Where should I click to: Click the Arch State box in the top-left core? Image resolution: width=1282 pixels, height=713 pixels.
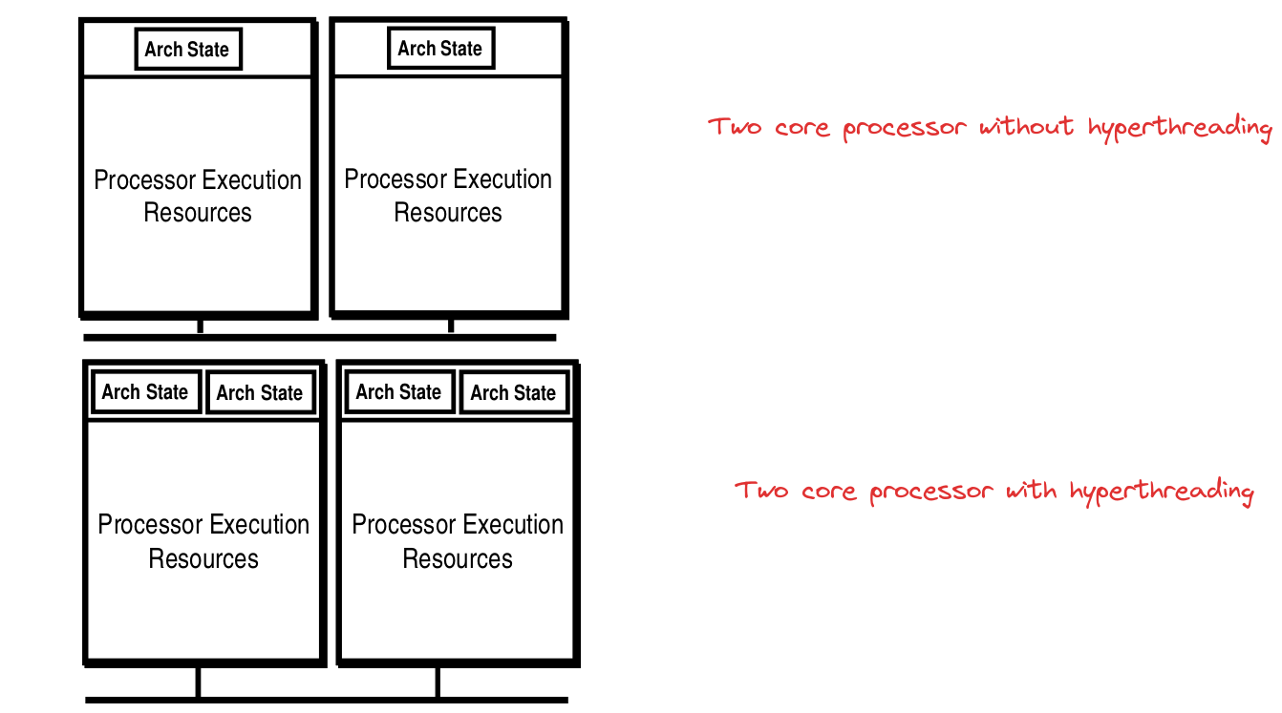tap(187, 50)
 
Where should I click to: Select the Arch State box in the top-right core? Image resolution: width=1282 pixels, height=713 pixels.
tap(440, 49)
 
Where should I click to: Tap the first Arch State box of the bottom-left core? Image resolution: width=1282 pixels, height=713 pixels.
tap(145, 392)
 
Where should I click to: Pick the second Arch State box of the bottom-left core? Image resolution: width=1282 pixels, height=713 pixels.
tap(260, 393)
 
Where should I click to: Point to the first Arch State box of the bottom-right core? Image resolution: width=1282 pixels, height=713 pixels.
tap(398, 392)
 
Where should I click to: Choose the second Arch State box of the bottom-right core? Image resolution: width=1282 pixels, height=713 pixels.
tap(513, 393)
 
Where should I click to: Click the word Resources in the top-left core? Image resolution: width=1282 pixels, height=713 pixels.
tap(198, 212)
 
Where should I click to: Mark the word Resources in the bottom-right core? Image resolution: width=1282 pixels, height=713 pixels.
tap(458, 558)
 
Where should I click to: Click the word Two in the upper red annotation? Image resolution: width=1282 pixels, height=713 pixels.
tap(734, 126)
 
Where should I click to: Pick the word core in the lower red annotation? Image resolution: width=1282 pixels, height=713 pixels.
tap(828, 492)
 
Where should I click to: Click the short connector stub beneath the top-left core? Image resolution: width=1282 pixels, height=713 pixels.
tap(200, 325)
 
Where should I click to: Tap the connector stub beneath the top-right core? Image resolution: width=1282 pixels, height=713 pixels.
tap(451, 325)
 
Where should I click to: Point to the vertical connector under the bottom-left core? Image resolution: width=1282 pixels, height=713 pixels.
tap(198, 682)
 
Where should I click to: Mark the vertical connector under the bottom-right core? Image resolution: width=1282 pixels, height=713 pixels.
tap(438, 682)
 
